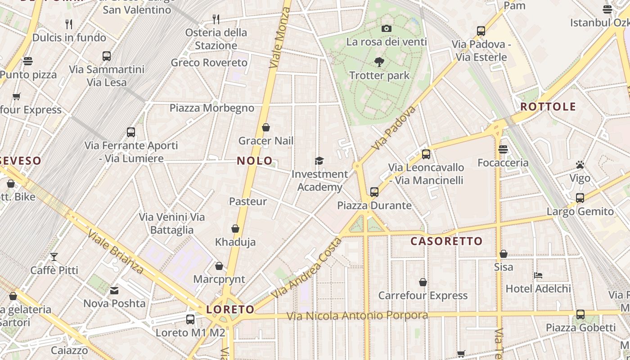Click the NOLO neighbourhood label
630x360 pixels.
pyautogui.click(x=255, y=161)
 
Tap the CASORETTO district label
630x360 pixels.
pyautogui.click(x=446, y=241)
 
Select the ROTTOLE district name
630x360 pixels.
pyautogui.click(x=548, y=107)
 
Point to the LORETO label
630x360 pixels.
pyautogui.click(x=230, y=310)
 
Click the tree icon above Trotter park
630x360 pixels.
pyautogui.click(x=379, y=62)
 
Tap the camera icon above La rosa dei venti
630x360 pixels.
pyautogui.click(x=386, y=29)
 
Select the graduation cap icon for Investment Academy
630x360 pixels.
pyautogui.click(x=319, y=161)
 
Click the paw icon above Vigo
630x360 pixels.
pyautogui.click(x=580, y=165)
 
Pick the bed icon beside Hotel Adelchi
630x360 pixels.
pyautogui.click(x=538, y=275)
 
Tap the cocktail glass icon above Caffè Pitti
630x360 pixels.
pyautogui.click(x=54, y=257)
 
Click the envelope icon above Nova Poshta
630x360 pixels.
pyautogui.click(x=114, y=291)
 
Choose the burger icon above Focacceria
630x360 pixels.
pyautogui.click(x=503, y=149)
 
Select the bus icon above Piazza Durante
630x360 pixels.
pyautogui.click(x=374, y=192)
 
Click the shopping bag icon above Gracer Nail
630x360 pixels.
pyautogui.click(x=266, y=128)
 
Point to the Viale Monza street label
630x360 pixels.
pyautogui.click(x=280, y=38)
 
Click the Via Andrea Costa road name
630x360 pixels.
pyautogui.click(x=308, y=268)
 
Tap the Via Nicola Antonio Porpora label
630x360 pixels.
pyautogui.click(x=357, y=316)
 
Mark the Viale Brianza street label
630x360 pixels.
pyautogui.click(x=116, y=252)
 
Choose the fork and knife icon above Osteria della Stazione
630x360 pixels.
pyautogui.click(x=216, y=19)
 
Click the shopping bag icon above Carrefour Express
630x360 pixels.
pyautogui.click(x=423, y=283)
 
